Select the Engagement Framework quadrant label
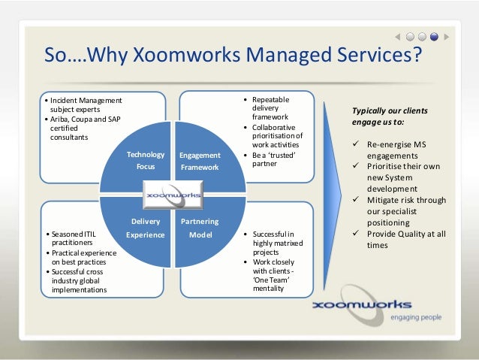pyautogui.click(x=198, y=161)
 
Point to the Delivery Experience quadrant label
pyautogui.click(x=145, y=228)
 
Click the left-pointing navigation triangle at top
pyautogui.click(x=396, y=35)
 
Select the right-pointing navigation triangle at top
pyautogui.click(x=447, y=35)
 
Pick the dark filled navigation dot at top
pyautogui.click(x=435, y=35)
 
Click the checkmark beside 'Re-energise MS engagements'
pyautogui.click(x=355, y=144)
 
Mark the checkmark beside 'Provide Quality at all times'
pyautogui.click(x=355, y=234)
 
